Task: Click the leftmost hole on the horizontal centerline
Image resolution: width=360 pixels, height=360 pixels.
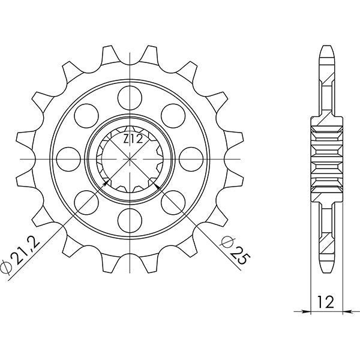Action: pyautogui.click(x=68, y=157)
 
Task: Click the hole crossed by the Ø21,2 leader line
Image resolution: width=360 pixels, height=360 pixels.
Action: pyautogui.click(x=86, y=201)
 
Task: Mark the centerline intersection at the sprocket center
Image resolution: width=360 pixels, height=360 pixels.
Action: pyautogui.click(x=130, y=157)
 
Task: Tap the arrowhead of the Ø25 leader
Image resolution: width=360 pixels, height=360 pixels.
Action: pyautogui.click(x=157, y=184)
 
